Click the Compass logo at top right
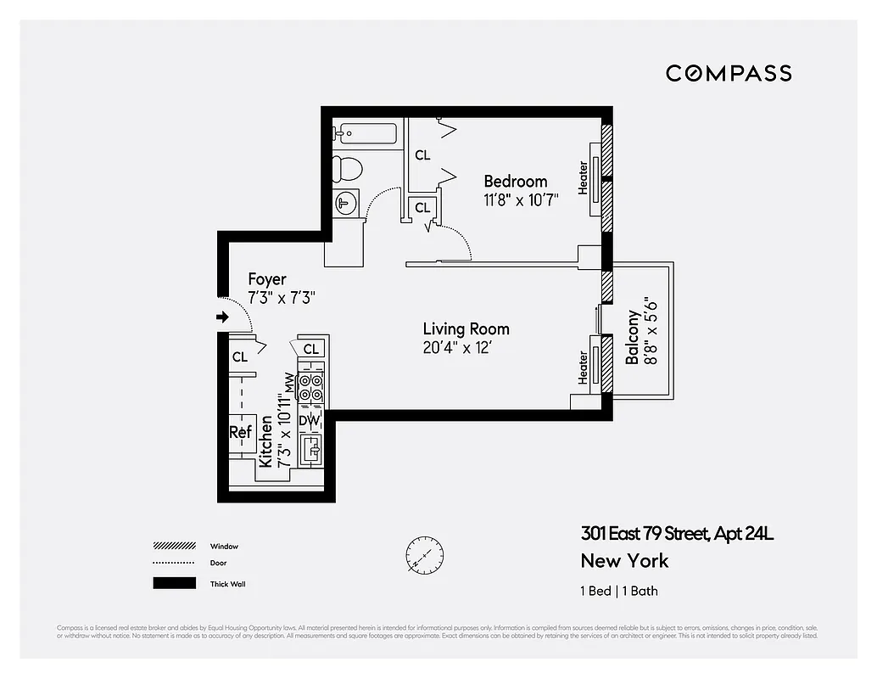click(x=728, y=73)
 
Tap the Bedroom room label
click(x=515, y=181)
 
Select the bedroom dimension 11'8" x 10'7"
click(x=521, y=201)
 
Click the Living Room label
click(x=466, y=328)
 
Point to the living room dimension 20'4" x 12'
click(x=457, y=348)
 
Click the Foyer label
click(x=266, y=279)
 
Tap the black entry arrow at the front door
click(x=223, y=317)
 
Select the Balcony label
click(x=633, y=337)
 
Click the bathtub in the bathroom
click(x=366, y=133)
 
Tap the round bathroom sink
click(x=346, y=203)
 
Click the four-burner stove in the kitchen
click(x=311, y=386)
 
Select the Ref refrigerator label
click(x=241, y=432)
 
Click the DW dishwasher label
click(x=310, y=419)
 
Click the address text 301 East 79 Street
click(x=677, y=534)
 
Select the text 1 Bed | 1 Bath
click(x=618, y=591)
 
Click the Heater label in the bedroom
click(x=584, y=178)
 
